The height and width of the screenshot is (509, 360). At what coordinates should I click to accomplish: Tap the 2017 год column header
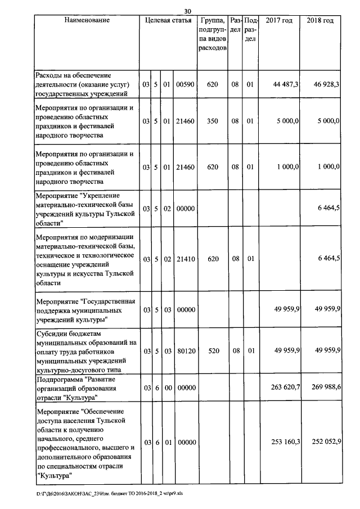coord(279,21)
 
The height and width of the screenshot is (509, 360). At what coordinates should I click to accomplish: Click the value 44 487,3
coord(286,84)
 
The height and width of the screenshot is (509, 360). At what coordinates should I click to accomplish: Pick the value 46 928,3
coord(326,84)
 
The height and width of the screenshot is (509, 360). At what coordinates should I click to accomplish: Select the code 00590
coord(184,84)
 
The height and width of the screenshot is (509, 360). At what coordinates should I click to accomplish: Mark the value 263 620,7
coord(284,388)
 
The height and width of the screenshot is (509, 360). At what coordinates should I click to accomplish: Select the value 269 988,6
coord(325,388)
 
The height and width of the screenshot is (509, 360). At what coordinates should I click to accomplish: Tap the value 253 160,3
coord(284,443)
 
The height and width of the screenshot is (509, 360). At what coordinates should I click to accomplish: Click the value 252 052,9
coord(325,443)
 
